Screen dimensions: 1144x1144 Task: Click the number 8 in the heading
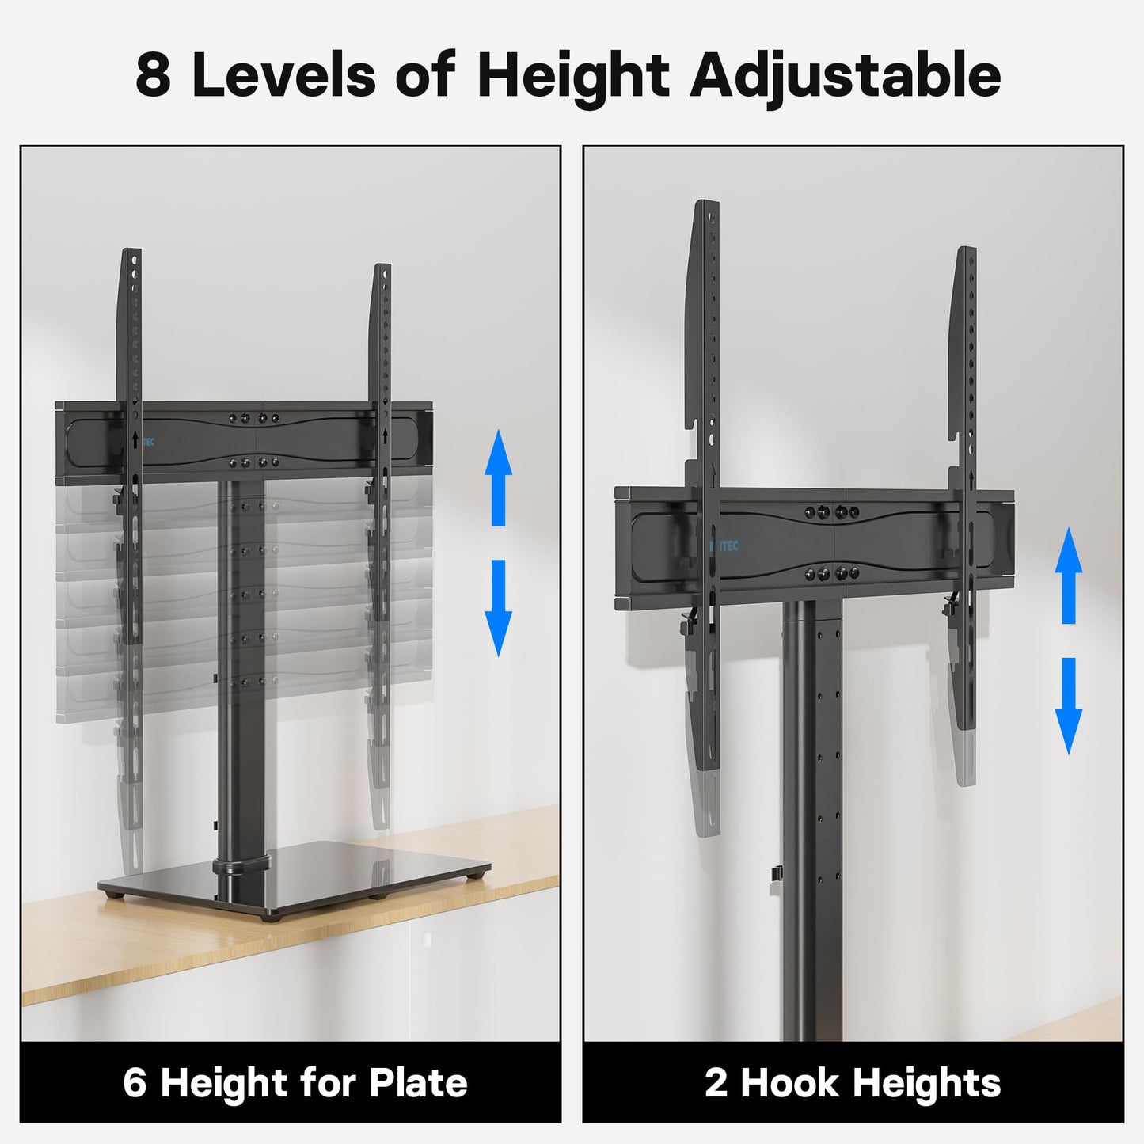click(x=153, y=76)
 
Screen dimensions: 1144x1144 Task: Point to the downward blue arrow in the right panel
click(x=1068, y=705)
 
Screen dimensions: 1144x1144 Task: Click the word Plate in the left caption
click(x=419, y=1082)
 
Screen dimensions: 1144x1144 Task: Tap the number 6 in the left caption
click(x=135, y=1082)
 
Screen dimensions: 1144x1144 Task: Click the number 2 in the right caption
click(x=716, y=1082)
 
